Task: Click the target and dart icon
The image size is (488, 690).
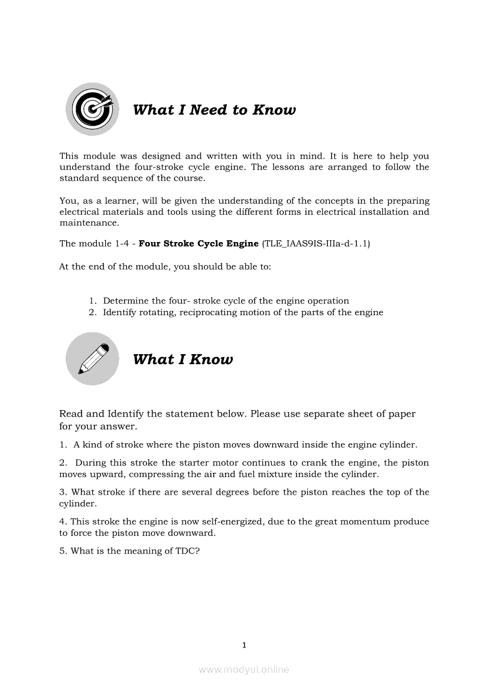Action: click(x=92, y=109)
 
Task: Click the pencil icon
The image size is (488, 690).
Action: click(x=92, y=359)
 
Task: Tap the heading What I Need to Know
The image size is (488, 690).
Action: click(x=214, y=110)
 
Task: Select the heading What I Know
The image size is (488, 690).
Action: click(x=183, y=359)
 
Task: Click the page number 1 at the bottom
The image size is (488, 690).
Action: click(x=244, y=645)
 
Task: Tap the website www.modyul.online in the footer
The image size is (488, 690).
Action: click(x=244, y=669)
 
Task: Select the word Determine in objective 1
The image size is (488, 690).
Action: click(x=126, y=300)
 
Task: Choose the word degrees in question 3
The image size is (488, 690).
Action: click(x=232, y=492)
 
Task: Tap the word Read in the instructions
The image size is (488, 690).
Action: click(x=71, y=414)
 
